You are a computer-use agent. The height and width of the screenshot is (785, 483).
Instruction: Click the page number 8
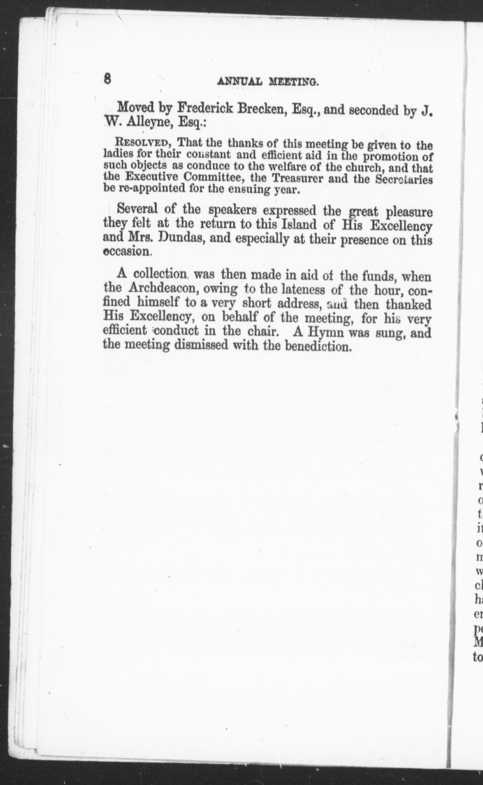[107, 78]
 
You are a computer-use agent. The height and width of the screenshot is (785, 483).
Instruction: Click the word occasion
[126, 252]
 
